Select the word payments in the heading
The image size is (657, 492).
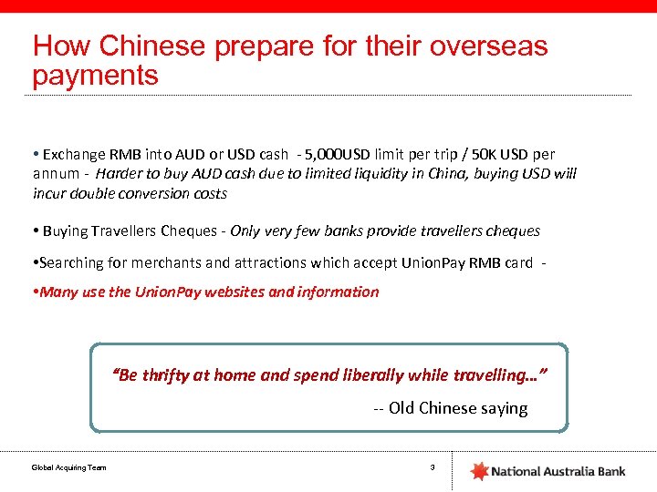tap(95, 75)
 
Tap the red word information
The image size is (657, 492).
tap(338, 292)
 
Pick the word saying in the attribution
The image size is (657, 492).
tap(505, 408)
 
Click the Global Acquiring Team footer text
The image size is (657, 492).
tap(68, 468)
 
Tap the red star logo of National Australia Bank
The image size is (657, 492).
tap(479, 471)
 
